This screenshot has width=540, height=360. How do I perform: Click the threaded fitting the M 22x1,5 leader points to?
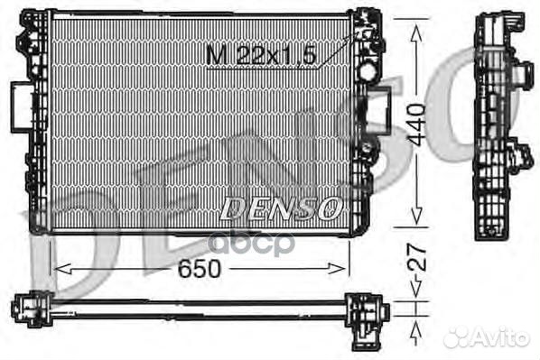tap(365, 35)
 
